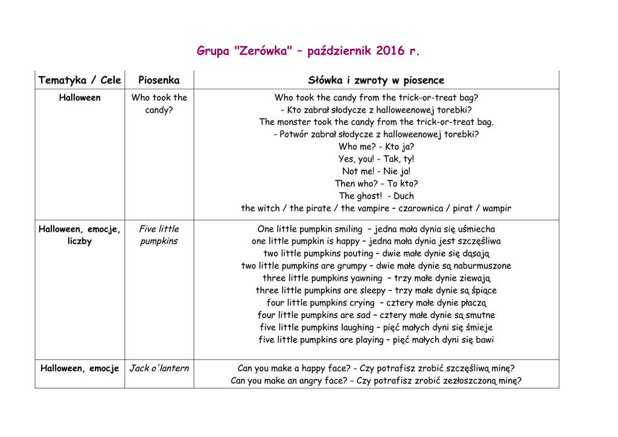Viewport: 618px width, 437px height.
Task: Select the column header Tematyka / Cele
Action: pyautogui.click(x=80, y=80)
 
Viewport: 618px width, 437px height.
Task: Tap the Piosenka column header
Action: pyautogui.click(x=159, y=80)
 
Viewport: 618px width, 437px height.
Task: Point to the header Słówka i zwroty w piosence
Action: pyautogui.click(x=376, y=80)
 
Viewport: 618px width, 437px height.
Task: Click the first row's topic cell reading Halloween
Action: pyautogui.click(x=80, y=98)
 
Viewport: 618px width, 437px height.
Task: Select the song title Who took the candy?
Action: pyautogui.click(x=159, y=104)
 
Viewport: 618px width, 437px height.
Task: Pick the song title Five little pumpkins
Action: pyautogui.click(x=159, y=235)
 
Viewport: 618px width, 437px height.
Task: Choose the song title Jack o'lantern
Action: pyautogui.click(x=159, y=368)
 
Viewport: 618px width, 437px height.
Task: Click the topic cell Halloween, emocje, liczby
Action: pyautogui.click(x=80, y=235)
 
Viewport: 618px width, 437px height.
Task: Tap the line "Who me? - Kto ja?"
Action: pyautogui.click(x=376, y=147)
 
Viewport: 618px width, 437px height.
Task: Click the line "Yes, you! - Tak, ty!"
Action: pyautogui.click(x=376, y=159)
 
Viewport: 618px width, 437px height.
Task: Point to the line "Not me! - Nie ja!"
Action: pyautogui.click(x=376, y=171)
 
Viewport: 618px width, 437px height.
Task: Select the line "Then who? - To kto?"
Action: pyautogui.click(x=376, y=183)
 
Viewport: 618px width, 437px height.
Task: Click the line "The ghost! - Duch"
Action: pyautogui.click(x=376, y=196)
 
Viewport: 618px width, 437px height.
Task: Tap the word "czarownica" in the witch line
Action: pyautogui.click(x=422, y=208)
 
